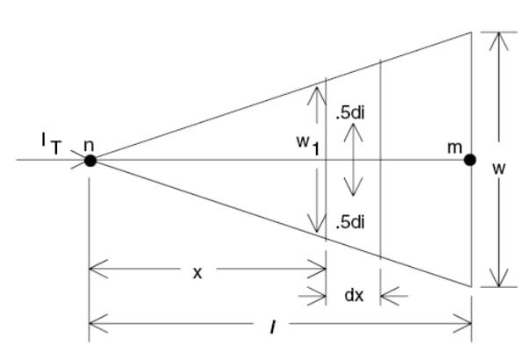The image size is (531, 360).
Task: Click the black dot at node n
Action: coord(90,160)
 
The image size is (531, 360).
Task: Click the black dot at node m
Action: coord(470,160)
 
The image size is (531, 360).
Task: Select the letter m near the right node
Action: coord(455,143)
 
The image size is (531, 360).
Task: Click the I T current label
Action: coord(49,143)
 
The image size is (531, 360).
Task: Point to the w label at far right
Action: coord(499,167)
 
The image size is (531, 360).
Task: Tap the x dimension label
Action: coord(197,272)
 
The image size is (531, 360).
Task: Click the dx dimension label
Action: coord(354,295)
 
